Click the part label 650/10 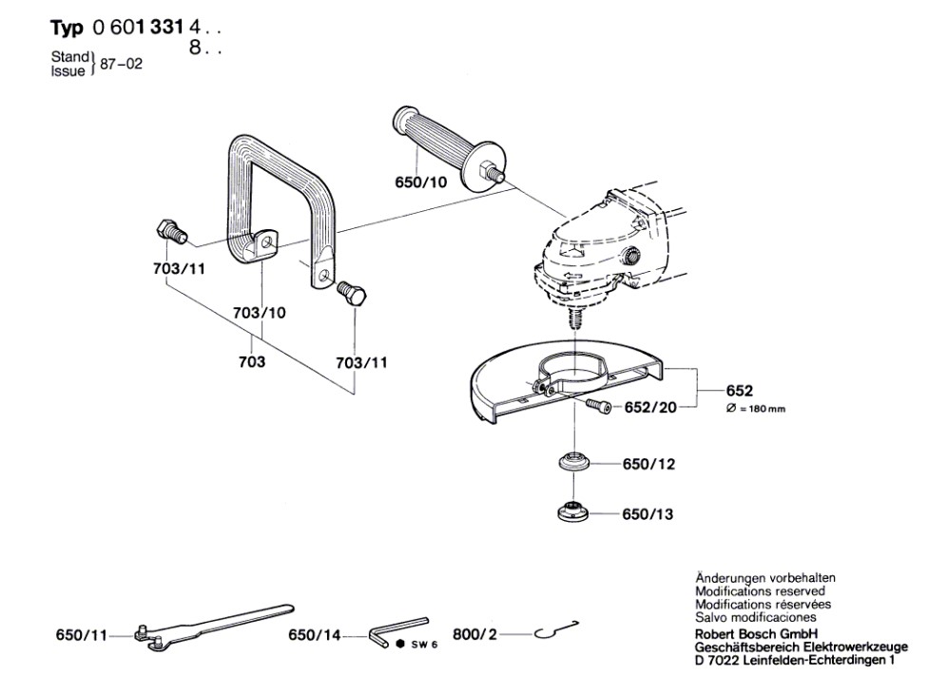click(420, 183)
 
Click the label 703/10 click(259, 312)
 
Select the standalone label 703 click(252, 362)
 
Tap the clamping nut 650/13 click(573, 511)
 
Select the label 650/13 click(648, 514)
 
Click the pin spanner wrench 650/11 click(209, 628)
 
